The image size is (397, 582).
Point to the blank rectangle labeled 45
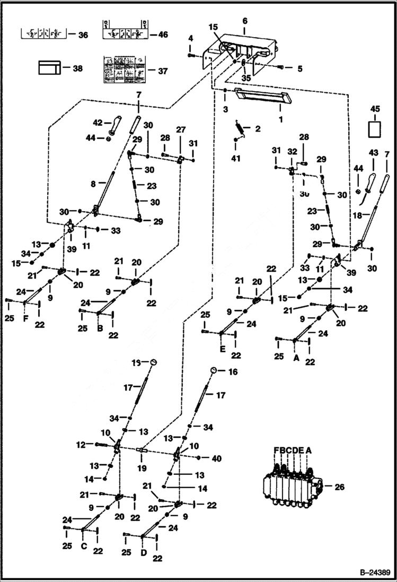375,128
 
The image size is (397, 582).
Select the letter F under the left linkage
24,319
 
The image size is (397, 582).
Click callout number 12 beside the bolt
81,445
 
